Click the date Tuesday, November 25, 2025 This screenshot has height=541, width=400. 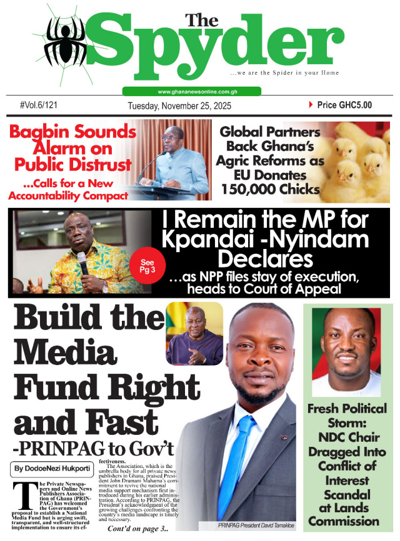click(179, 106)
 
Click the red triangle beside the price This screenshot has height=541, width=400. click(311, 105)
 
